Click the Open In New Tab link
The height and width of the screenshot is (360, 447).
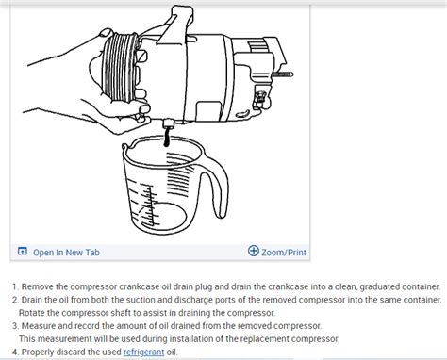[x=66, y=252]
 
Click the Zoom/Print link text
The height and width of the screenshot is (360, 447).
[x=283, y=252]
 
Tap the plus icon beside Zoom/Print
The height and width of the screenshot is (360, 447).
[x=254, y=252]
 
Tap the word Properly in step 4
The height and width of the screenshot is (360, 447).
[x=39, y=352]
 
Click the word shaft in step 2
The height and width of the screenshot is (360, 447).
[x=133, y=312]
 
